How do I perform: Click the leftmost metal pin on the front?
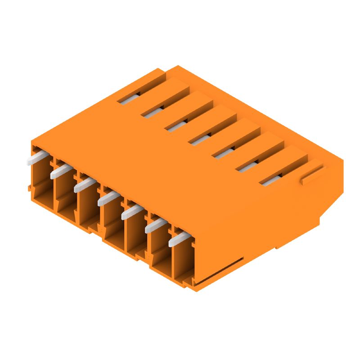pyautogui.click(x=36, y=158)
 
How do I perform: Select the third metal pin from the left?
pyautogui.click(x=84, y=184)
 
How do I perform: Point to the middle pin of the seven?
pyautogui.click(x=108, y=197)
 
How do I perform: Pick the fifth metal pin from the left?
pyautogui.click(x=131, y=211)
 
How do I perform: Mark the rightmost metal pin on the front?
pyautogui.click(x=178, y=237)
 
